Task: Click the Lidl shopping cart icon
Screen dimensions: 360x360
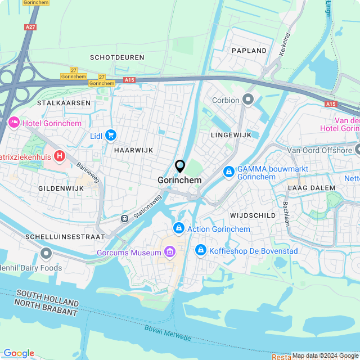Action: tap(110, 135)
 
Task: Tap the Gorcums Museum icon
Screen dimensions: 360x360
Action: tap(170, 253)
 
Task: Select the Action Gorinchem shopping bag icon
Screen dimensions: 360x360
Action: tap(178, 228)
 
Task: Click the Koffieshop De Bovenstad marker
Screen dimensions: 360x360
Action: tap(200, 250)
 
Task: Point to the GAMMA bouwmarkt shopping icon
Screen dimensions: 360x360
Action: tap(229, 172)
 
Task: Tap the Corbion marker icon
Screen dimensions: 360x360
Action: tap(249, 100)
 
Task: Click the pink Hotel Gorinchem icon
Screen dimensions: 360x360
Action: tap(14, 123)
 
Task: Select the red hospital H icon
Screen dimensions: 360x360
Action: tap(59, 155)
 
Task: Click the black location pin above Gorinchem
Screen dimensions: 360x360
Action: tap(180, 166)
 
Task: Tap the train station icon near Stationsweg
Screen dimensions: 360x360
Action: tap(124, 218)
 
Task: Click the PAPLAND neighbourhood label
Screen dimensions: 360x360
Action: tap(249, 51)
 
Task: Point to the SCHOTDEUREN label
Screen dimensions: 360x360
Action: tap(117, 57)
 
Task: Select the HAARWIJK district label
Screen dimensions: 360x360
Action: tap(133, 150)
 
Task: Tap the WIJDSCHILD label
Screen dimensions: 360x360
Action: tap(253, 215)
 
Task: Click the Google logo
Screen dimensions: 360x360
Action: tap(19, 353)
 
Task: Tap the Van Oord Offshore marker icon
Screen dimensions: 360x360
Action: tap(357, 150)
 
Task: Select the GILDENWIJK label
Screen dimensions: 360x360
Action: tap(61, 188)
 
